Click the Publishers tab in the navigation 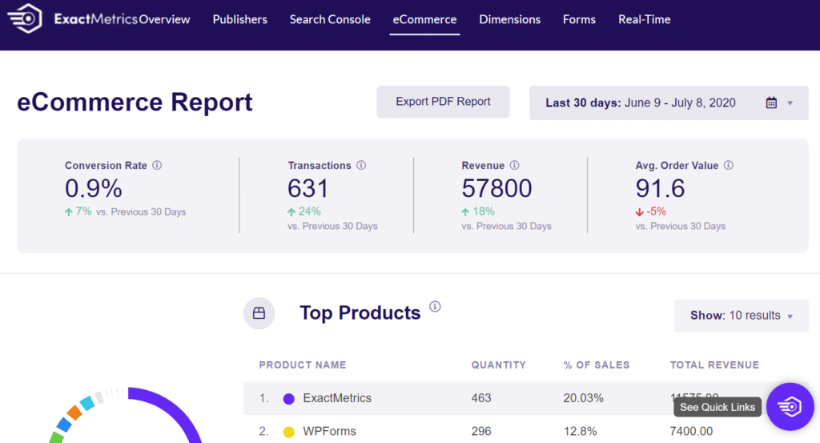coord(239,19)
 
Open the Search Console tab coord(330,19)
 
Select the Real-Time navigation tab coord(644,19)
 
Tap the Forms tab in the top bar coord(579,19)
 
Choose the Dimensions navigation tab coord(509,19)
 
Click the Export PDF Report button coord(443,102)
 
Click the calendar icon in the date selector coord(771,103)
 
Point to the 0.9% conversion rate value coord(94,188)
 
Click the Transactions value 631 coord(308,188)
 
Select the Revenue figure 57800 coord(496,188)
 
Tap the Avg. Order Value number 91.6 coord(660,188)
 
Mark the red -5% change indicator coord(651,211)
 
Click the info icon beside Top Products coord(435,307)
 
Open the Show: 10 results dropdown coord(741,316)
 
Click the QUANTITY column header coord(498,364)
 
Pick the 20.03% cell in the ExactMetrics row coord(583,398)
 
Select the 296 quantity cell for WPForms coord(481,431)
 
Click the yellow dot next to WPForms coord(289,432)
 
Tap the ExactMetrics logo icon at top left coord(26,19)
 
